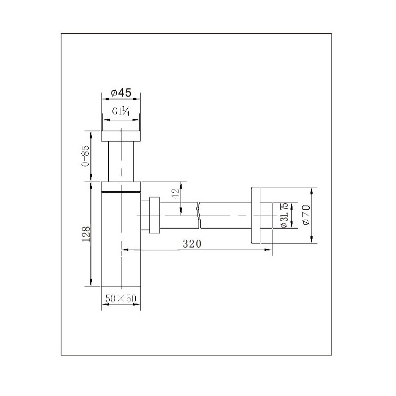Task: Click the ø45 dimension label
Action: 121,93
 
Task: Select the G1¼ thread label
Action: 121,111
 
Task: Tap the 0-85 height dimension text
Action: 86,156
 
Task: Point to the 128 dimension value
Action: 86,234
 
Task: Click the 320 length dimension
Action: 192,244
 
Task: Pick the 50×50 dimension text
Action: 121,298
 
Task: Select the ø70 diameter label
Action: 306,215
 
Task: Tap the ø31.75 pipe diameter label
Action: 284,215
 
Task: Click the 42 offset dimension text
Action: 175,194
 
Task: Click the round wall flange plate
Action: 256,215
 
